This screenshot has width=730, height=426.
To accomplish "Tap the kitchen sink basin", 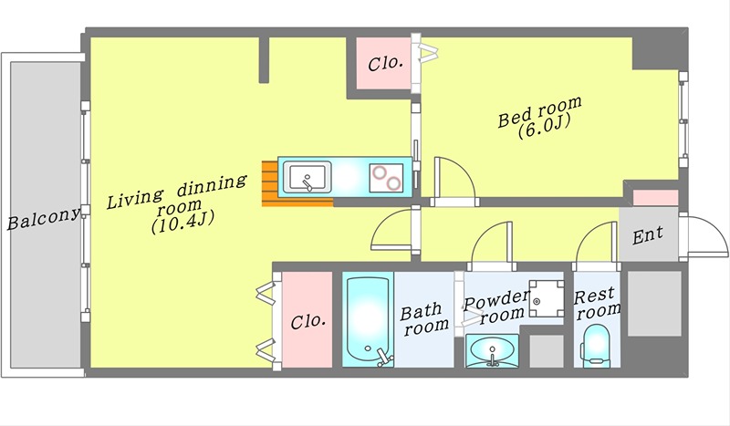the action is (x=308, y=177).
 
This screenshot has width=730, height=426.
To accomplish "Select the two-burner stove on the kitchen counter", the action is (x=386, y=178).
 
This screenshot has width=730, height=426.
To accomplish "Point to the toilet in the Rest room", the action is (x=597, y=345).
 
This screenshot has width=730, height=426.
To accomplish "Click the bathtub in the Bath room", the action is (x=369, y=320).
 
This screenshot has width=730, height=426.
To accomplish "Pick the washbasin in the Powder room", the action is (x=492, y=350).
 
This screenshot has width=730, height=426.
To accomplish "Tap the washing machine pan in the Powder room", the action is (x=546, y=298).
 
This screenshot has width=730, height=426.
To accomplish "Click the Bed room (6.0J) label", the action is (x=540, y=118).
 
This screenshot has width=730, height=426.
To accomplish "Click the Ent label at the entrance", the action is (x=648, y=235).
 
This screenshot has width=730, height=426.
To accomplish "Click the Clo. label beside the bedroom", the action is (x=385, y=63).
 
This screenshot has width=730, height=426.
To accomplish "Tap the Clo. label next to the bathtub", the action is (x=308, y=321).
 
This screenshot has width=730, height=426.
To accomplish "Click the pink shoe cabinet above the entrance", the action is (x=655, y=197).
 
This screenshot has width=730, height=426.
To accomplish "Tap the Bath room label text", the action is (x=425, y=319).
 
